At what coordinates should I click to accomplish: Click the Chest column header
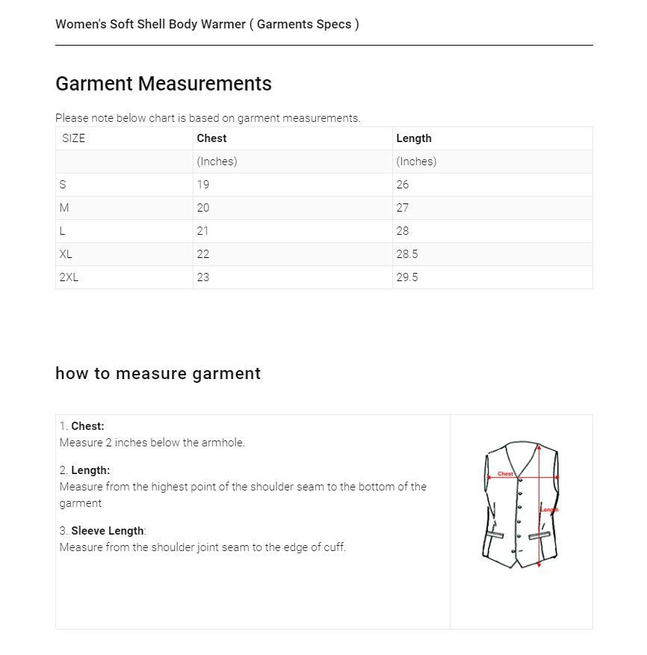pyautogui.click(x=211, y=138)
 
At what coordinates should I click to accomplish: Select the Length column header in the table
pyautogui.click(x=413, y=138)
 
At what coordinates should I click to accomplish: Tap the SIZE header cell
pyautogui.click(x=73, y=138)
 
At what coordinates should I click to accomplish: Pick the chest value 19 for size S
pyautogui.click(x=203, y=185)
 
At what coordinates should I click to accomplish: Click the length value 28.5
pyautogui.click(x=407, y=254)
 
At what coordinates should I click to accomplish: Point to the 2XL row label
pyautogui.click(x=69, y=277)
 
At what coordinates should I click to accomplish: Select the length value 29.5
pyautogui.click(x=407, y=277)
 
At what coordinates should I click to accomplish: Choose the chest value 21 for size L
pyautogui.click(x=203, y=231)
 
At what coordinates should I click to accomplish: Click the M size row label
pyautogui.click(x=64, y=208)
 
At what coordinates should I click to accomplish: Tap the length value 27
pyautogui.click(x=403, y=208)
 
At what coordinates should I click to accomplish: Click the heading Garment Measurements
pyautogui.click(x=164, y=84)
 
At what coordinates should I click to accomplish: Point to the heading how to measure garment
pyautogui.click(x=158, y=374)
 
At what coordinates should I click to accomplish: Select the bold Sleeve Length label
pyautogui.click(x=107, y=531)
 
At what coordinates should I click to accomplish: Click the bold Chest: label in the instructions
pyautogui.click(x=87, y=426)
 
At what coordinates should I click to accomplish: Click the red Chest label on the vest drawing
pyautogui.click(x=506, y=473)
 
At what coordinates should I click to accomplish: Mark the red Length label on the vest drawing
pyautogui.click(x=550, y=510)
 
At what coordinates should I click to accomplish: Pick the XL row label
pyautogui.click(x=66, y=254)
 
